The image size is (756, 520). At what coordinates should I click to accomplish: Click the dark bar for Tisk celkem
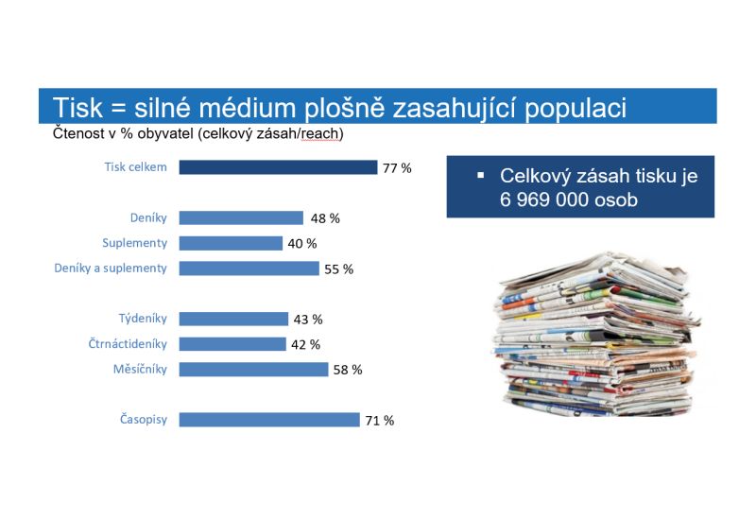pyautogui.click(x=278, y=167)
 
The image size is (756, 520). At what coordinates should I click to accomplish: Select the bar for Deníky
pyautogui.click(x=241, y=218)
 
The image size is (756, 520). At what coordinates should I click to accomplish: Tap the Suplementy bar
pyautogui.click(x=231, y=243)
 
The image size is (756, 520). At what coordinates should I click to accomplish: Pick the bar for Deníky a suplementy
pyautogui.click(x=249, y=269)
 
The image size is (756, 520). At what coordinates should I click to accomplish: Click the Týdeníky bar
pyautogui.click(x=233, y=319)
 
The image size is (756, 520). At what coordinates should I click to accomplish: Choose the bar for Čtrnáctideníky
pyautogui.click(x=232, y=344)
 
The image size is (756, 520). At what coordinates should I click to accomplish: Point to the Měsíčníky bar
pyautogui.click(x=253, y=370)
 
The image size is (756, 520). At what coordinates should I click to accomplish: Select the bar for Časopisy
pyautogui.click(x=269, y=420)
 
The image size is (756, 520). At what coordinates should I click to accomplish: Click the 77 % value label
pyautogui.click(x=397, y=168)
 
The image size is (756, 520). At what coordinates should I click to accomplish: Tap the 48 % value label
pyautogui.click(x=325, y=218)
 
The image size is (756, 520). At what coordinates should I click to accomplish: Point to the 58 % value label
pyautogui.click(x=348, y=370)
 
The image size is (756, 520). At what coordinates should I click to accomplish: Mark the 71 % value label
pyautogui.click(x=380, y=421)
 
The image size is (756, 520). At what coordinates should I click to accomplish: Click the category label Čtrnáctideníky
pyautogui.click(x=128, y=344)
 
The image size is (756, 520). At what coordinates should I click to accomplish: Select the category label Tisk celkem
pyautogui.click(x=135, y=167)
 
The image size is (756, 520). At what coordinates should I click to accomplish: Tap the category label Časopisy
pyautogui.click(x=144, y=419)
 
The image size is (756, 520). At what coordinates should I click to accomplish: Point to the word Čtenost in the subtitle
pyautogui.click(x=78, y=132)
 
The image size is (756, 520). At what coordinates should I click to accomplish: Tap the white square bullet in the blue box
pyautogui.click(x=480, y=176)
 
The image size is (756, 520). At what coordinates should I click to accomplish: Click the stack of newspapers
pyautogui.click(x=596, y=335)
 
